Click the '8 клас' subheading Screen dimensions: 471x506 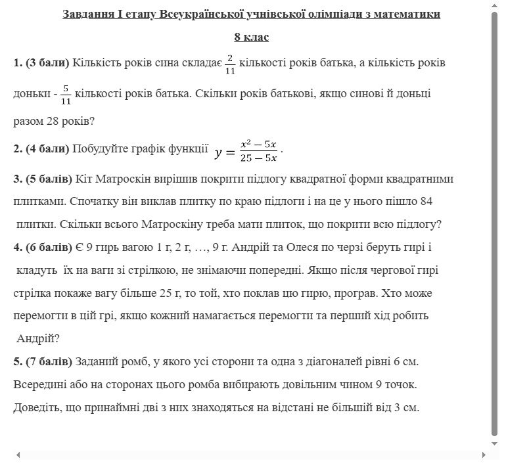coord(251,37)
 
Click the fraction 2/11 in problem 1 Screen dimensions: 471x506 coord(230,64)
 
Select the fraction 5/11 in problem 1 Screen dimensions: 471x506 coord(66,95)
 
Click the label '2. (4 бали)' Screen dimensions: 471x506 coord(41,149)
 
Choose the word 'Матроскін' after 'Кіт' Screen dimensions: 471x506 coord(122,179)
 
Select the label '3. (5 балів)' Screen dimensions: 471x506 coord(43,179)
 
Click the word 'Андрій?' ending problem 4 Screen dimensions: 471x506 coord(38,339)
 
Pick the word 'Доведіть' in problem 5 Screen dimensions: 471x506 coord(37,407)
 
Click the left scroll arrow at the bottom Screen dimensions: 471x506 coord(18,455)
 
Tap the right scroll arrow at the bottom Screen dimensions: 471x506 coord(484,455)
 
